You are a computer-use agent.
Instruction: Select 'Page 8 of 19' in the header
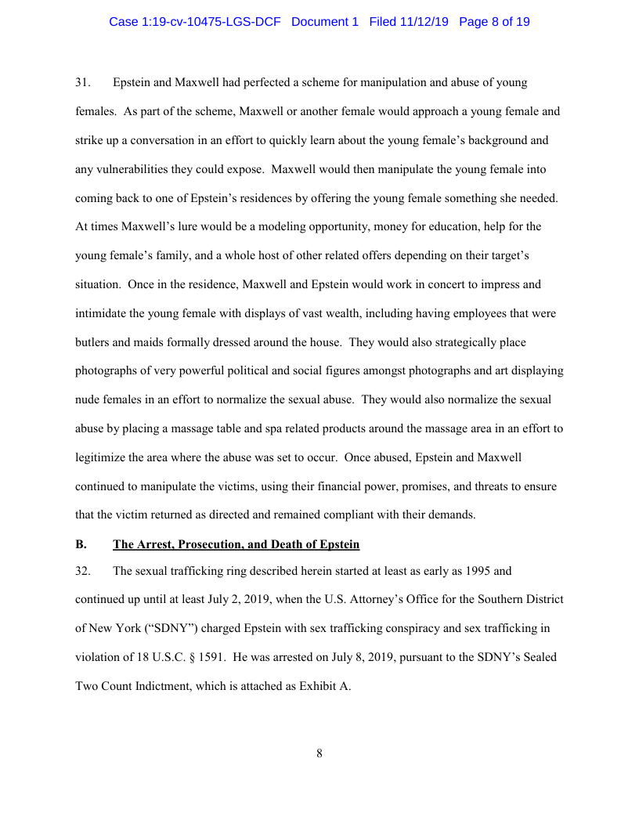point(494,22)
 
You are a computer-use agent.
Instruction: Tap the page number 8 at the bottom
point(319,753)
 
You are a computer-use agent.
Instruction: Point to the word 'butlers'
point(92,342)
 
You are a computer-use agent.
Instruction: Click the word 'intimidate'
point(101,313)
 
